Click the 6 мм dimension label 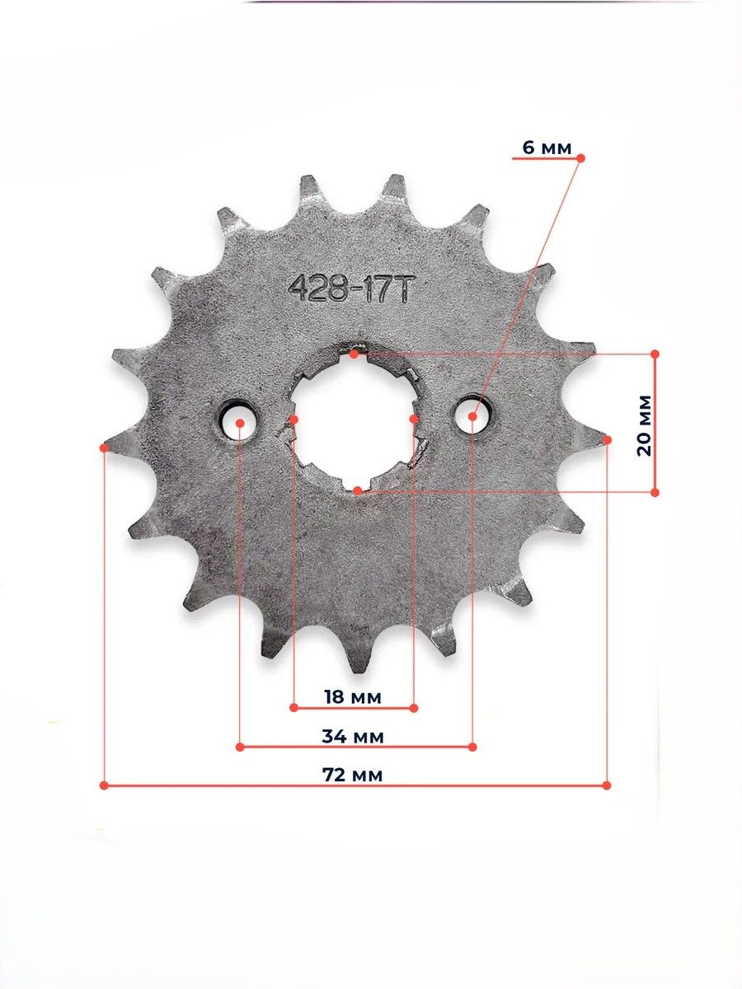[547, 148]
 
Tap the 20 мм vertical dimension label [645, 425]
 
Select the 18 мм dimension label [353, 697]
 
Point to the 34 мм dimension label [353, 737]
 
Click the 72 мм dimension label [353, 775]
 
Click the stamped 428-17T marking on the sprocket [350, 290]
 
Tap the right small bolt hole [473, 415]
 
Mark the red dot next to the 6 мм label [580, 158]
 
